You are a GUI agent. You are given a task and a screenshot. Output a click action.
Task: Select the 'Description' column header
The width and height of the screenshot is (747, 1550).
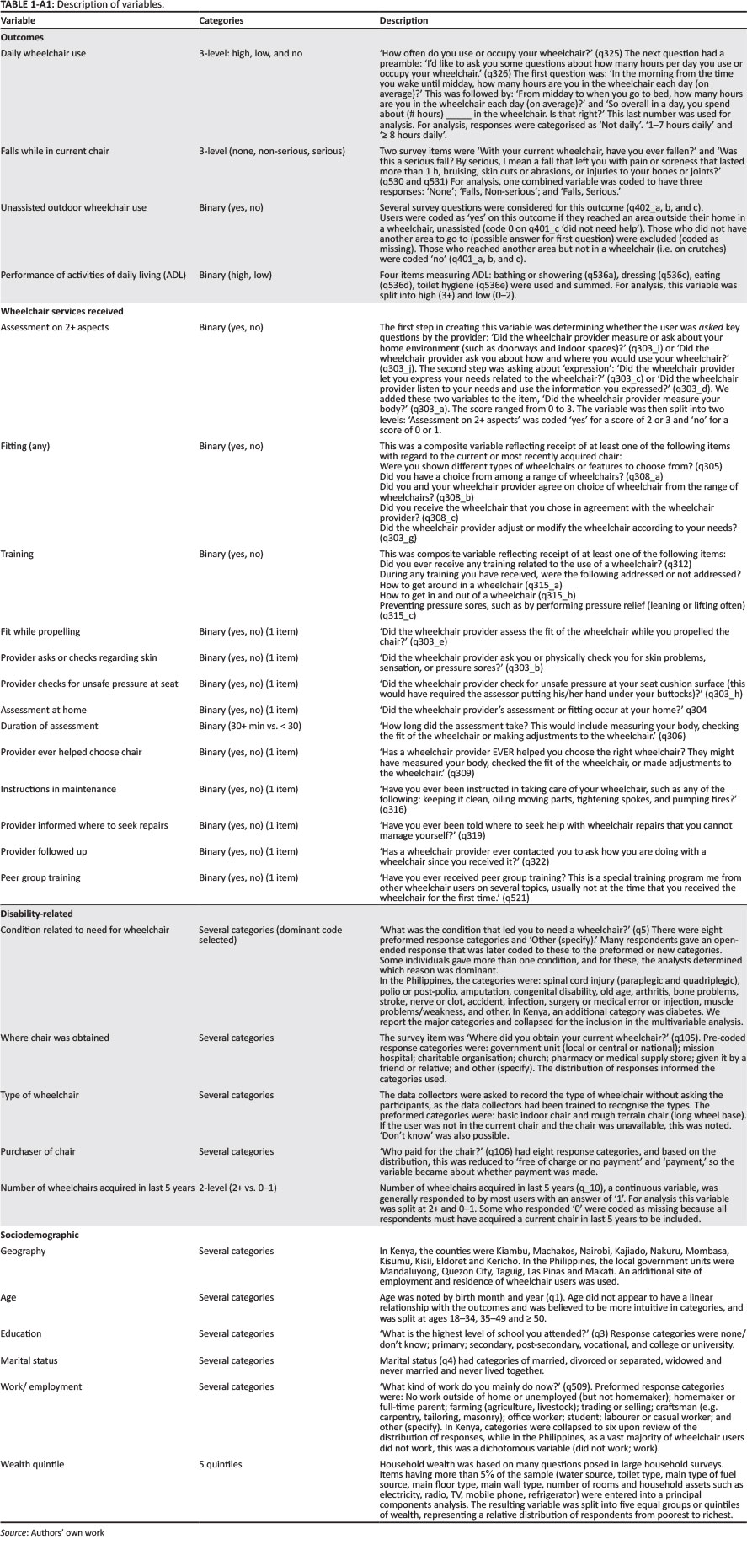403,20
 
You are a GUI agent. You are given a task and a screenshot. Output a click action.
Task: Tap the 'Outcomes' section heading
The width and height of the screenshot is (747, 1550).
22,37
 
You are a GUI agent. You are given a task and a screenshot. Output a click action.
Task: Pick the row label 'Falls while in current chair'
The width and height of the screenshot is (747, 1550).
55,151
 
